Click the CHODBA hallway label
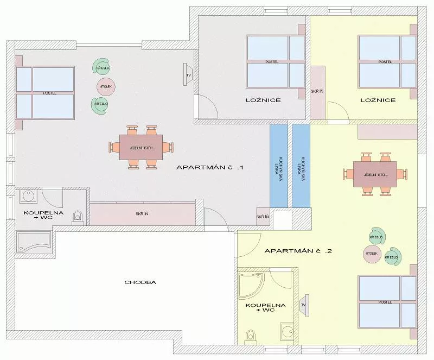pos(141,282)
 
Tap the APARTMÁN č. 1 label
pos(210,167)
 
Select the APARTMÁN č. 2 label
pos(298,251)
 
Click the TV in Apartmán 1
pos(187,74)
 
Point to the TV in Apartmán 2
pos(304,305)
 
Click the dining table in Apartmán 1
pos(141,148)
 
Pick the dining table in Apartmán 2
pos(375,175)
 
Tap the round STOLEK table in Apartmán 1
pos(106,86)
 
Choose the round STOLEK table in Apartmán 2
pos(372,254)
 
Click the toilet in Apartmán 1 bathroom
pos(78,217)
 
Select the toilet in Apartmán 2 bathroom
pos(251,337)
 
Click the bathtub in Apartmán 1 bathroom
pos(34,243)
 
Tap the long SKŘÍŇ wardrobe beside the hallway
pos(142,214)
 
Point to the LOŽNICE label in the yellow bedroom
pos(378,100)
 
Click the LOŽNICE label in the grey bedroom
pos(263,100)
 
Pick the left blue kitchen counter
pos(279,166)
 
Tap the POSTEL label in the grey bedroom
pos(272,61)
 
